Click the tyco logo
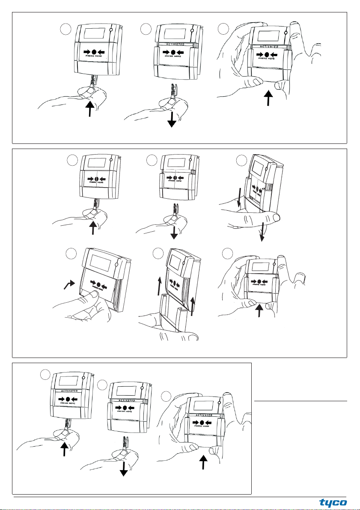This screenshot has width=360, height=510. (333, 502)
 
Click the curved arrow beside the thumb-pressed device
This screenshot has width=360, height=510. (68, 283)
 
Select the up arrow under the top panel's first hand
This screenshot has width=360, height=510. (89, 108)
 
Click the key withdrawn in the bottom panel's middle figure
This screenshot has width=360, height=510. (125, 445)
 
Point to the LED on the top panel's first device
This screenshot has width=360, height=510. (111, 30)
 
